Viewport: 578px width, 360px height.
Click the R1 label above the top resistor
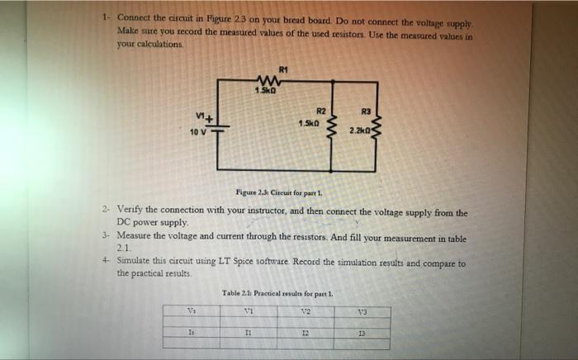click(282, 68)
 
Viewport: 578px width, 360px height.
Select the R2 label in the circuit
click(321, 111)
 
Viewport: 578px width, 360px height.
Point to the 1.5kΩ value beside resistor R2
click(310, 124)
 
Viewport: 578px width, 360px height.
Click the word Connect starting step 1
click(134, 17)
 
